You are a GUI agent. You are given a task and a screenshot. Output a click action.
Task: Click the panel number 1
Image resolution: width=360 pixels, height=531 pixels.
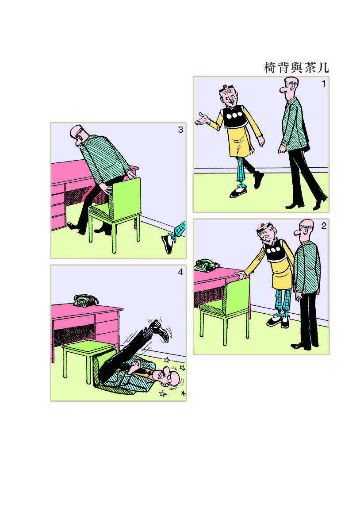click(x=323, y=84)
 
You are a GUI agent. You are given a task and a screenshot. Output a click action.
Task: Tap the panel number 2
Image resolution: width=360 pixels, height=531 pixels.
click(x=323, y=226)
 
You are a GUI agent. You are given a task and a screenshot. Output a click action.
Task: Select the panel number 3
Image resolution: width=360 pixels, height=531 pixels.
click(x=180, y=130)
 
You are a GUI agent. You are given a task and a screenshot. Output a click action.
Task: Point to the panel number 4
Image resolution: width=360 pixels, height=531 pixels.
click(x=180, y=272)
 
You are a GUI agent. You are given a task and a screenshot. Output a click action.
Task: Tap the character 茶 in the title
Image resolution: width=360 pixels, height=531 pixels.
click(x=310, y=68)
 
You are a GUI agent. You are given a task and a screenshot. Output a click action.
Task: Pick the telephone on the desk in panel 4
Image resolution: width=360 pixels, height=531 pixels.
click(x=85, y=300)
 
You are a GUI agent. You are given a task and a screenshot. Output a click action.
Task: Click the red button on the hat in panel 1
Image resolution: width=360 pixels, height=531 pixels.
click(x=225, y=86)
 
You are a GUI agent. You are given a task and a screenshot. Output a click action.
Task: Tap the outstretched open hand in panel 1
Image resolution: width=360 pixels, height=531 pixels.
click(x=202, y=119)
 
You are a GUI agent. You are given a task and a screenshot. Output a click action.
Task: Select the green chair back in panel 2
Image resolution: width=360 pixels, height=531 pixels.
click(x=236, y=294)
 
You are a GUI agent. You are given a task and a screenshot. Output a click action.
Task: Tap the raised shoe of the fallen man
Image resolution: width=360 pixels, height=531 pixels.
click(x=161, y=330)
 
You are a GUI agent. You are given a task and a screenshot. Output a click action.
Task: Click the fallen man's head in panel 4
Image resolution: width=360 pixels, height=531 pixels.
click(x=169, y=376)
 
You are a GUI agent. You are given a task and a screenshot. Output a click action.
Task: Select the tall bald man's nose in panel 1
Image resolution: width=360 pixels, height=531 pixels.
click(x=283, y=89)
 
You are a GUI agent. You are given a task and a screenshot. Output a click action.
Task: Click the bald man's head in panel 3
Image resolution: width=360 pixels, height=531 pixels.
click(x=79, y=134)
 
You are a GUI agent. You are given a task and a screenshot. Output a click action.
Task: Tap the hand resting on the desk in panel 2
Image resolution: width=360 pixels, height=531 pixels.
click(x=241, y=275)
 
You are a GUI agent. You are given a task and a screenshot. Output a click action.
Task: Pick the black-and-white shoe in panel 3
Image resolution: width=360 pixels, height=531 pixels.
click(x=168, y=244)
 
